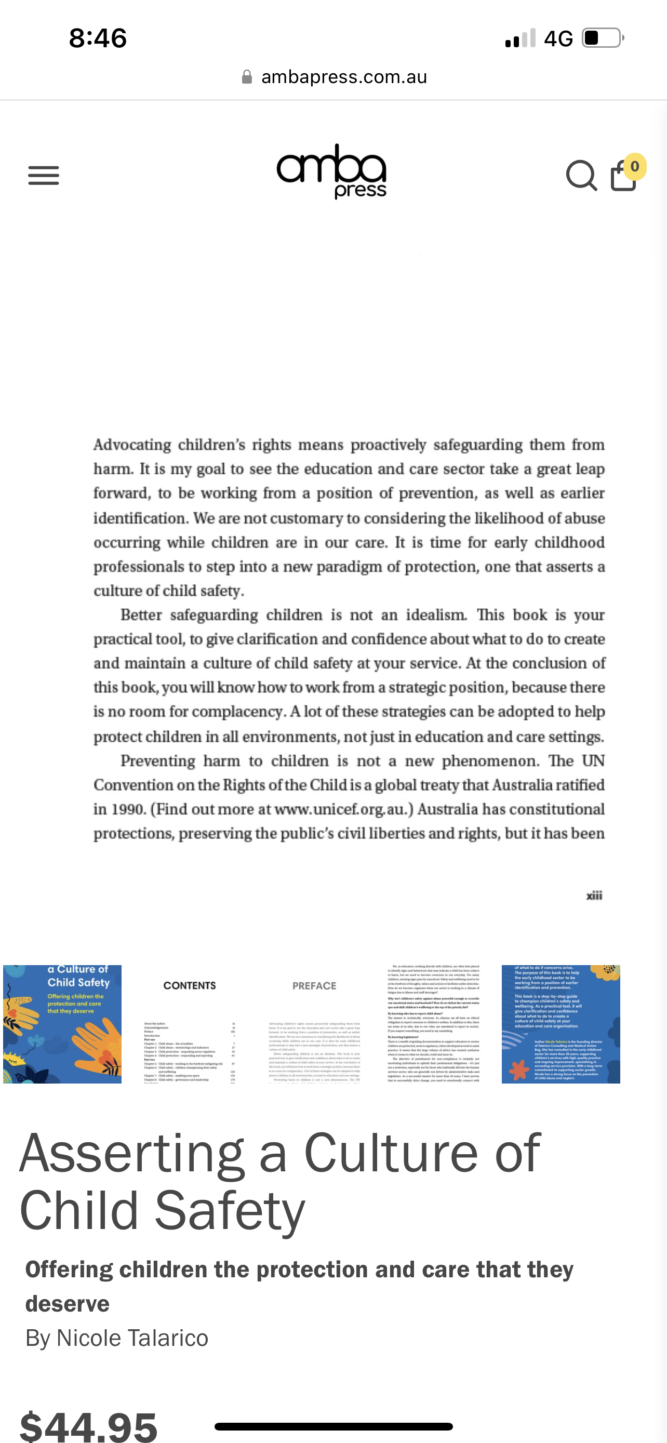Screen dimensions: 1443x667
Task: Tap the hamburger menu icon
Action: click(x=44, y=176)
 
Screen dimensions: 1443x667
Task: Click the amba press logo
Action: click(x=331, y=171)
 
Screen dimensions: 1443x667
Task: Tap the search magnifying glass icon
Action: click(x=581, y=176)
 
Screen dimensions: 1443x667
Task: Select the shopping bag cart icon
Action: click(x=623, y=177)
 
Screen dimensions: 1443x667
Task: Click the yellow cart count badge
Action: click(x=634, y=166)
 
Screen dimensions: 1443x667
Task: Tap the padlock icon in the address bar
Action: click(x=246, y=77)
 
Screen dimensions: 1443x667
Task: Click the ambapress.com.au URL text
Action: click(x=344, y=77)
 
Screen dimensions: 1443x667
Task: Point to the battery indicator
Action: click(x=603, y=38)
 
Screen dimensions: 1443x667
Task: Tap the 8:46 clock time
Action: click(x=98, y=38)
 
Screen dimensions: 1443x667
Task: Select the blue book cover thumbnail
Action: click(x=62, y=1024)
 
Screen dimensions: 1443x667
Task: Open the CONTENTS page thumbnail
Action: click(x=189, y=1024)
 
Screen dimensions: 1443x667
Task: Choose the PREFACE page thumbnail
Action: click(x=314, y=1024)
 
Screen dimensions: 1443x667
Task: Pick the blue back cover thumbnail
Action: click(x=561, y=1024)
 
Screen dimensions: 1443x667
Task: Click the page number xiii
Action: click(x=594, y=896)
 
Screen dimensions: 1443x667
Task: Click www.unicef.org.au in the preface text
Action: click(x=343, y=809)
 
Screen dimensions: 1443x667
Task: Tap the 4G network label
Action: click(x=558, y=38)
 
